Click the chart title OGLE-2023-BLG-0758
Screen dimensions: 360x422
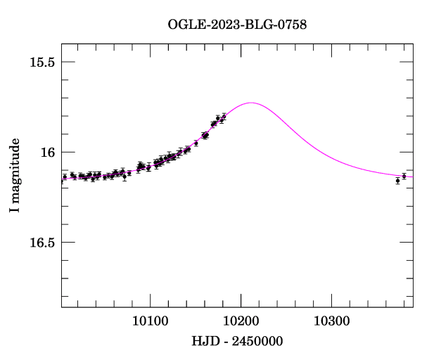coord(237,25)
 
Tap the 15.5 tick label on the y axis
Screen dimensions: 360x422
coord(41,62)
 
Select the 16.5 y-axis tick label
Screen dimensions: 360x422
coord(41,243)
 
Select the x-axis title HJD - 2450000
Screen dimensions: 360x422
coord(238,342)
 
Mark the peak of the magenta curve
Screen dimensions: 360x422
coord(251,103)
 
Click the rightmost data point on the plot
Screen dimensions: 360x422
coord(404,176)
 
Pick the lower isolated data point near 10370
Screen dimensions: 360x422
coord(397,181)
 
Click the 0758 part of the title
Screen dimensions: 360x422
coord(293,25)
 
